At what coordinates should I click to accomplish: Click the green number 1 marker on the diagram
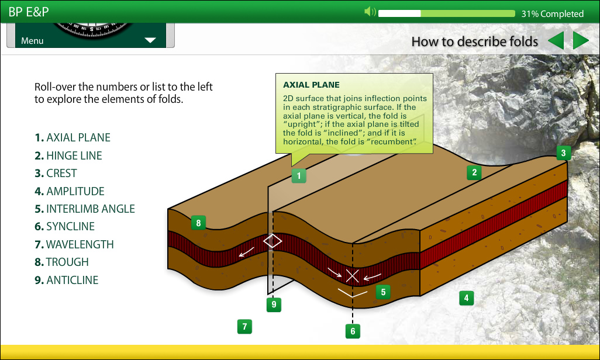click(299, 176)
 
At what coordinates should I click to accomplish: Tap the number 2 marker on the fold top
click(474, 172)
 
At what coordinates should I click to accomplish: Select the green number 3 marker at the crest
click(563, 153)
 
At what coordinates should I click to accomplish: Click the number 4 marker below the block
click(466, 297)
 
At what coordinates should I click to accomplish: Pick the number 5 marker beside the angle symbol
click(383, 292)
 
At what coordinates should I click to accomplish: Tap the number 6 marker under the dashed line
click(353, 331)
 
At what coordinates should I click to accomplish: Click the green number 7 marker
click(244, 326)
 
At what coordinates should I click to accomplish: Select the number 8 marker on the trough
click(198, 223)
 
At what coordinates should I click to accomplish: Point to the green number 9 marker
click(274, 304)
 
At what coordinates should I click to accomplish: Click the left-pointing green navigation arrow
click(556, 40)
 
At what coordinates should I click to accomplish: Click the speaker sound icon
click(370, 12)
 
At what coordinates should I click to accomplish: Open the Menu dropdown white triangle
click(150, 40)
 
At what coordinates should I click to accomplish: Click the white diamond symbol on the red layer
click(273, 241)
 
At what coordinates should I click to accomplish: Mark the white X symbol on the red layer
click(353, 276)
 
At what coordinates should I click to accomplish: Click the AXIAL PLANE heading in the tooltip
click(311, 85)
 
